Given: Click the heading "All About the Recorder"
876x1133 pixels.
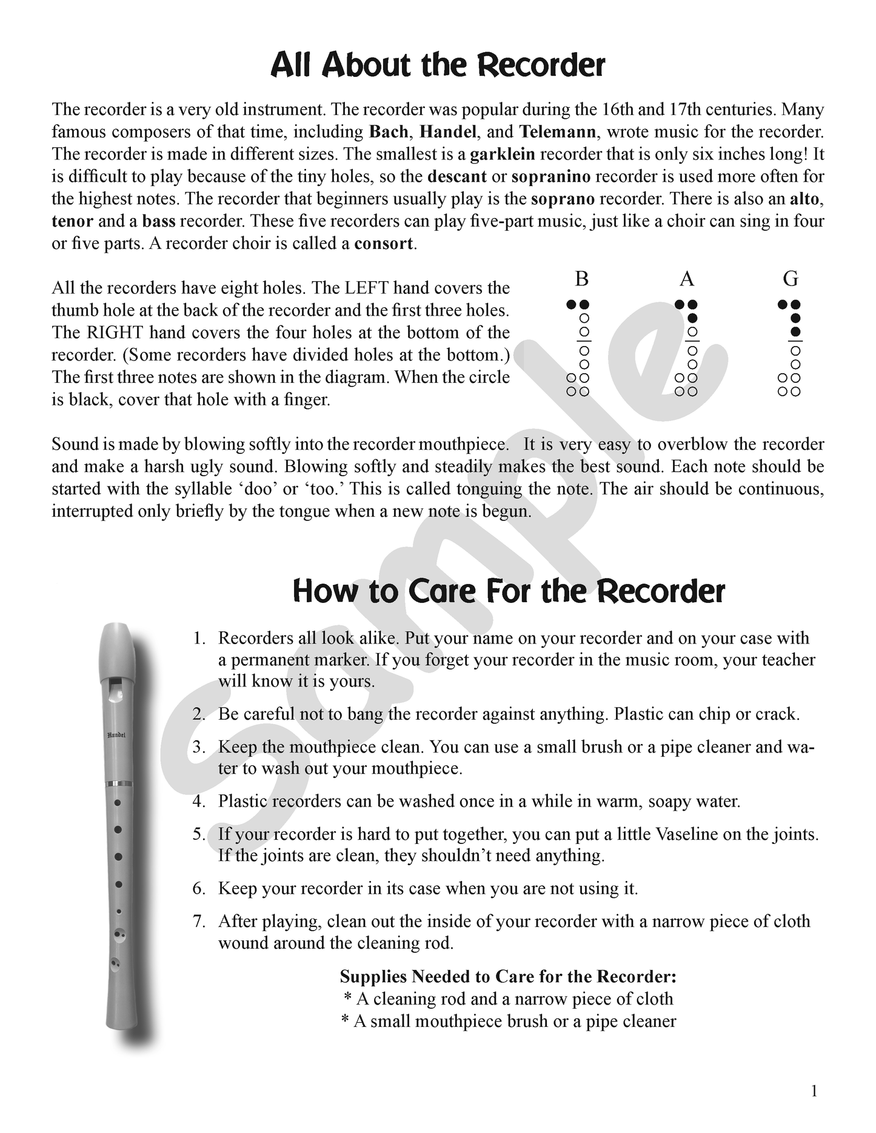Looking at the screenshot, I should coord(437,65).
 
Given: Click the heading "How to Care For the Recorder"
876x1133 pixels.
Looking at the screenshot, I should coord(509,591).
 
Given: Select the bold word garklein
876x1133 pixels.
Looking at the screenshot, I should coord(502,154).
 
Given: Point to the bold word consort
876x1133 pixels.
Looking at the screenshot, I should coord(384,244).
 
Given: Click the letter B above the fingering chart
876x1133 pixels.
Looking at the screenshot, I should coord(581,279).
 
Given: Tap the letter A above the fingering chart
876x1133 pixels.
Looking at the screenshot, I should coord(686,279).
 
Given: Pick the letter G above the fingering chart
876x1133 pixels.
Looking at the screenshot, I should coord(790,279).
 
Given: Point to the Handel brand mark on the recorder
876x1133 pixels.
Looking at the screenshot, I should coord(116,735).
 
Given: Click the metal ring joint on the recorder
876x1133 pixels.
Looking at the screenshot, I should coord(119,783).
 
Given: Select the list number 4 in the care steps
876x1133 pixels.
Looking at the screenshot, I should coord(199,802).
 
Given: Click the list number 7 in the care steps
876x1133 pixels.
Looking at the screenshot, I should coord(199,922).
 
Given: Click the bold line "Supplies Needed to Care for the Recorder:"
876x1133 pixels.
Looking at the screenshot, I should coord(508,977).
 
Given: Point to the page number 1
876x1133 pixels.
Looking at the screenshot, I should coord(814,1091).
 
